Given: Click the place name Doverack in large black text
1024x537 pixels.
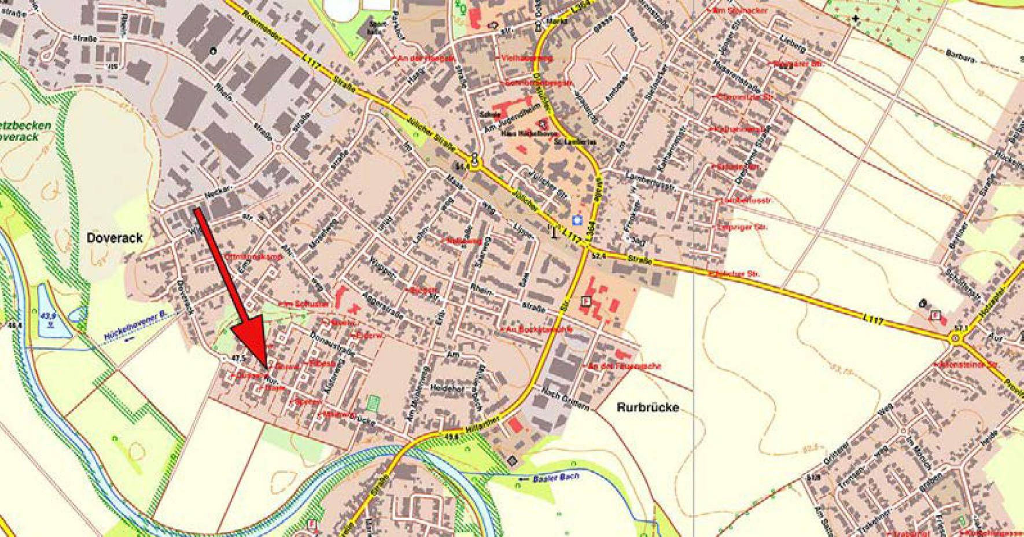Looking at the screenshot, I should pos(115,238).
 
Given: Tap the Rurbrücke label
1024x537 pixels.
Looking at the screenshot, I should pos(647,407).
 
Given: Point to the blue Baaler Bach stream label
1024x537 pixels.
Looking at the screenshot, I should pos(555,479).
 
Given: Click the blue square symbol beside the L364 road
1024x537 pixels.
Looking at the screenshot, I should pos(576,220).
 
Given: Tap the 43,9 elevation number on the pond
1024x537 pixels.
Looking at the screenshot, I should pos(48,316).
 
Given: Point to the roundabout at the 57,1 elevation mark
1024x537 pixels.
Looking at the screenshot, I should pos(955,339).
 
